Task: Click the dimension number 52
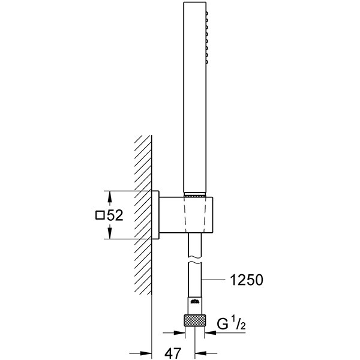(x=115, y=215)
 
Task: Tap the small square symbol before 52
(x=100, y=215)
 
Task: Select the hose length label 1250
(x=246, y=280)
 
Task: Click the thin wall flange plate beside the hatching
(x=154, y=215)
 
